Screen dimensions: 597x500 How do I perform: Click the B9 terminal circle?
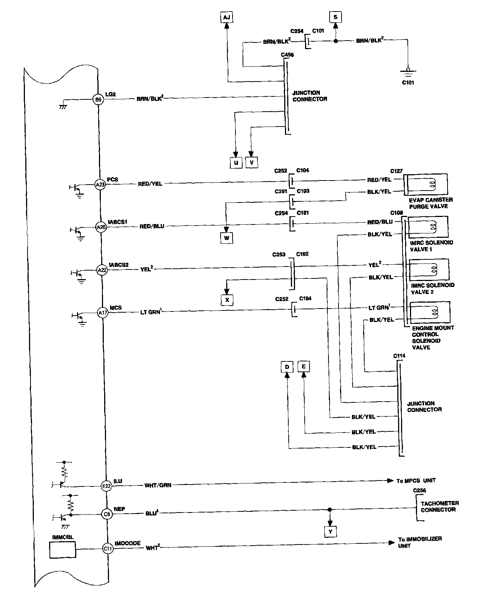pyautogui.click(x=97, y=99)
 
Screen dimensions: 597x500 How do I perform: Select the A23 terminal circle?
pyautogui.click(x=100, y=184)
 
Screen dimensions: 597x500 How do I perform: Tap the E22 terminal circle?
pyautogui.click(x=106, y=485)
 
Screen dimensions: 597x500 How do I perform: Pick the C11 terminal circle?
pyautogui.click(x=108, y=548)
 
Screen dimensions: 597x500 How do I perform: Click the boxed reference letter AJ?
pyautogui.click(x=226, y=17)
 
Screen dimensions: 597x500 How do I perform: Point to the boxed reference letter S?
pyautogui.click(x=336, y=17)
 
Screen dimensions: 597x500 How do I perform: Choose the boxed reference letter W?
pyautogui.click(x=227, y=238)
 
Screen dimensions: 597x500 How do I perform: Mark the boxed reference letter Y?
pyautogui.click(x=330, y=532)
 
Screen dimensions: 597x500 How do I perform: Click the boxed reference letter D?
pyautogui.click(x=287, y=367)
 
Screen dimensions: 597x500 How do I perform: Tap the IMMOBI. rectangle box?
pyautogui.click(x=62, y=549)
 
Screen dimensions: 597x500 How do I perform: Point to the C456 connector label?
pyautogui.click(x=287, y=55)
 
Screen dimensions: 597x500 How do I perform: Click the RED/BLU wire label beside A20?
pyautogui.click(x=151, y=226)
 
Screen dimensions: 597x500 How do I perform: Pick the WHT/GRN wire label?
pyautogui.click(x=158, y=485)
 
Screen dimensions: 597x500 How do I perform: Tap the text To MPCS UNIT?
pyautogui.click(x=416, y=481)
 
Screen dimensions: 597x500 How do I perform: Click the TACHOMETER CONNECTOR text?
pyautogui.click(x=439, y=506)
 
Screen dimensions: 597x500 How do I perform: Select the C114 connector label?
pyautogui.click(x=399, y=356)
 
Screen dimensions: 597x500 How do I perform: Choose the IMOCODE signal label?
pyautogui.click(x=128, y=543)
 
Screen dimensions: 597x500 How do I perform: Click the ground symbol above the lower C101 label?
pyautogui.click(x=408, y=71)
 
